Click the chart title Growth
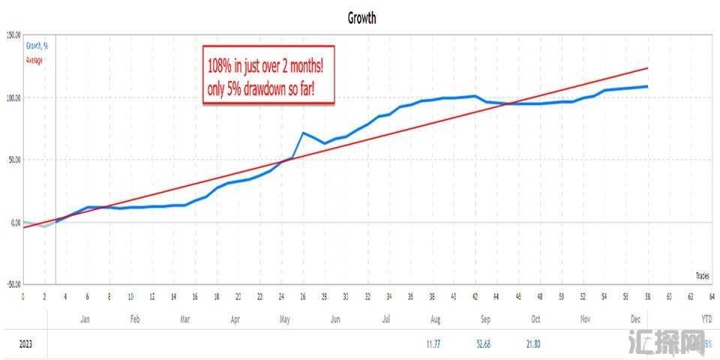(361, 18)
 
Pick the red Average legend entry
(35, 60)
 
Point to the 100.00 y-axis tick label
(12, 97)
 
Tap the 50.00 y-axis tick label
(13, 160)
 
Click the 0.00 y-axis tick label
(15, 222)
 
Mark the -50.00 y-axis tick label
(12, 284)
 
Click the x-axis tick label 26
(302, 296)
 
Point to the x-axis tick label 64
(711, 296)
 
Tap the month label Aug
(435, 319)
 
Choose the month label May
(285, 319)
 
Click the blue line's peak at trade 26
(303, 133)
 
